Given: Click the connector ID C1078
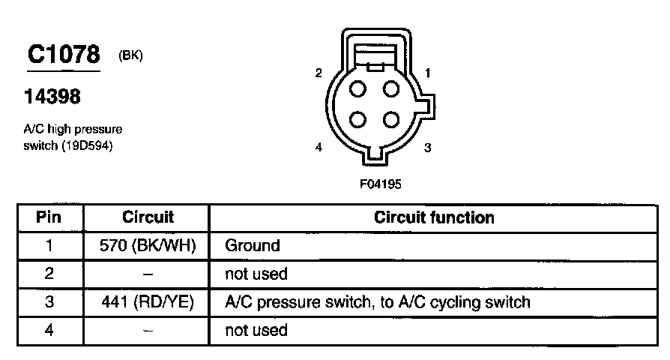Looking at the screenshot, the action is [x=64, y=55].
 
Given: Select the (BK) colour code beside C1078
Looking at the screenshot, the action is [x=130, y=55].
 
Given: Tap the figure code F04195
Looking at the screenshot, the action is [x=380, y=182].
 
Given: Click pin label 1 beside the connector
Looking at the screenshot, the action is [x=427, y=73].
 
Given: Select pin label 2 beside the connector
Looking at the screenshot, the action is [x=319, y=73].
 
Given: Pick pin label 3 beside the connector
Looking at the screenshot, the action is [x=427, y=148].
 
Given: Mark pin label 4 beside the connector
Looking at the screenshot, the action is [x=319, y=148].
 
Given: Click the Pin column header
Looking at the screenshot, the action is [x=49, y=217].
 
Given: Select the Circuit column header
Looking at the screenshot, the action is [x=148, y=217].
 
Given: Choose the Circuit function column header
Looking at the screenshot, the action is [x=434, y=217].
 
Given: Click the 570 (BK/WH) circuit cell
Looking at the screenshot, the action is [x=148, y=245].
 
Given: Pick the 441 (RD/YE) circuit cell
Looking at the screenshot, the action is [x=148, y=302].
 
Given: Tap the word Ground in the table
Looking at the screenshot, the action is [x=253, y=245].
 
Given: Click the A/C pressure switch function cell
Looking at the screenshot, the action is [x=378, y=302].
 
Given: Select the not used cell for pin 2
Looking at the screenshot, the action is [x=256, y=274].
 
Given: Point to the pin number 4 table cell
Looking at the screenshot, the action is [x=49, y=330].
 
